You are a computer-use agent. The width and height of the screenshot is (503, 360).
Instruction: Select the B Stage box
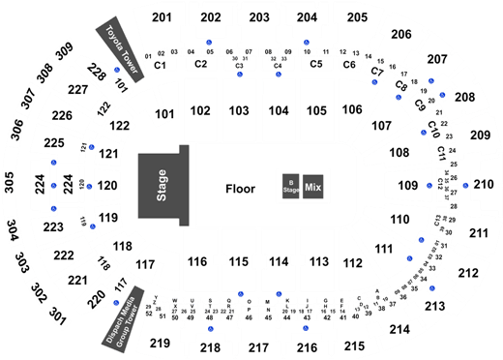pyautogui.click(x=290, y=185)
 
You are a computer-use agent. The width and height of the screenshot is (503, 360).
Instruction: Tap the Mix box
pyautogui.click(x=312, y=185)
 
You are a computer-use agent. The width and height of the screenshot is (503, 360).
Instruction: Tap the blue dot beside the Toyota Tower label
pyautogui.click(x=116, y=70)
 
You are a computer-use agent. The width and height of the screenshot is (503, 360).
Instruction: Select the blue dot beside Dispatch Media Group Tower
pyautogui.click(x=118, y=298)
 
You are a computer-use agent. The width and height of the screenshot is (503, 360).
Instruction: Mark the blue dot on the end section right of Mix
pyautogui.click(x=428, y=184)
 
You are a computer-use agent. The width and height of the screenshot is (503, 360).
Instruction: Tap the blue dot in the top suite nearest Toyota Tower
pyautogui.click(x=210, y=42)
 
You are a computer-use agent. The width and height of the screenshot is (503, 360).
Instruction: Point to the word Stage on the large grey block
pyautogui.click(x=162, y=185)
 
